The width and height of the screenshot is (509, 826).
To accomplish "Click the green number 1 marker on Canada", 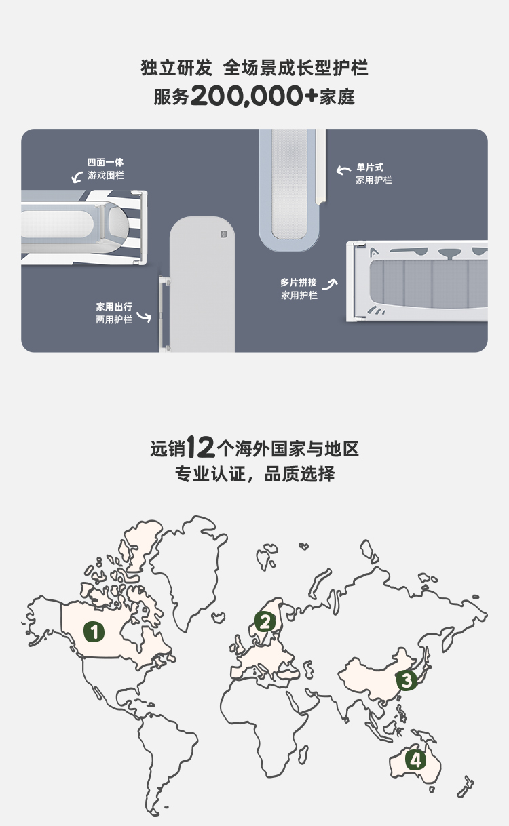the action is pyautogui.click(x=94, y=631).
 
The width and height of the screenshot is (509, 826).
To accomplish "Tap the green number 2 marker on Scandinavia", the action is pyautogui.click(x=265, y=621).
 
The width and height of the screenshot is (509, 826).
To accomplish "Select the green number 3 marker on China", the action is pyautogui.click(x=407, y=680).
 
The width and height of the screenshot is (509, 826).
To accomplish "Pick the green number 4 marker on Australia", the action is pyautogui.click(x=415, y=760).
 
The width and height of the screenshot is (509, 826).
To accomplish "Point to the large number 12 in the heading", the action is pyautogui.click(x=200, y=448).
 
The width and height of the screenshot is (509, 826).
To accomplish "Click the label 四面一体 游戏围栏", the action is pyautogui.click(x=106, y=169).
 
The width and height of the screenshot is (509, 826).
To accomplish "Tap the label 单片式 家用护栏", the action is pyautogui.click(x=374, y=174).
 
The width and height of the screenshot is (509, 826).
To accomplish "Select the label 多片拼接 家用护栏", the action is pyautogui.click(x=299, y=289).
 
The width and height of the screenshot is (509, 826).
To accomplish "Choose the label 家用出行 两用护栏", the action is pyautogui.click(x=114, y=313).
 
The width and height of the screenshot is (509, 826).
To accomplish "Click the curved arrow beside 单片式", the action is pyautogui.click(x=344, y=170).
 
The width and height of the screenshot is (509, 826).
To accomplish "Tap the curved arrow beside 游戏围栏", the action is pyautogui.click(x=77, y=178).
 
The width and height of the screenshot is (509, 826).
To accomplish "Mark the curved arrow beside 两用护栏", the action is pyautogui.click(x=144, y=316).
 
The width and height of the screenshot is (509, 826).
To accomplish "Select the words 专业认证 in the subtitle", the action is pyautogui.click(x=204, y=473).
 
